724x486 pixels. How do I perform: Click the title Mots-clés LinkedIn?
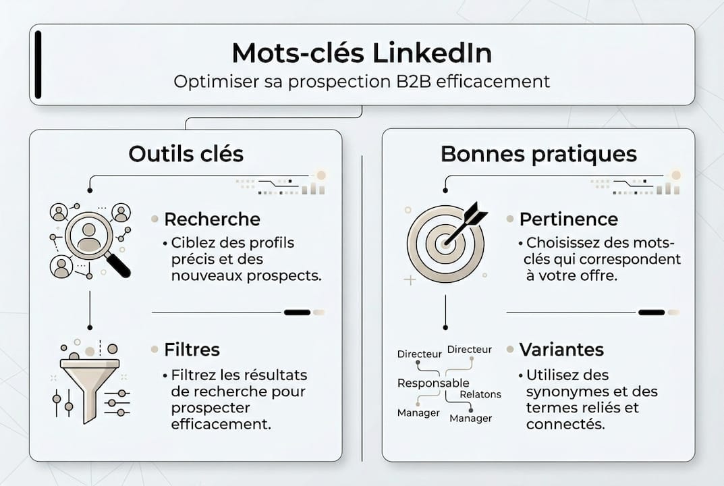(362, 53)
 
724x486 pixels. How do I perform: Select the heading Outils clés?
(186, 154)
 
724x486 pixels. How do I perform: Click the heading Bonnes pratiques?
(538, 154)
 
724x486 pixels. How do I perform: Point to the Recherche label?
(212, 219)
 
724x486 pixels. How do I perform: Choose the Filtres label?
(192, 350)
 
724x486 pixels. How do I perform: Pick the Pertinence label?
(568, 219)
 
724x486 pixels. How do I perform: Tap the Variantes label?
(561, 350)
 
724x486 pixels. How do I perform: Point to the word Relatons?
(480, 394)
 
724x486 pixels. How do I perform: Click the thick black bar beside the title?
(38, 63)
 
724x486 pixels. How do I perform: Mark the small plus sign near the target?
(409, 280)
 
